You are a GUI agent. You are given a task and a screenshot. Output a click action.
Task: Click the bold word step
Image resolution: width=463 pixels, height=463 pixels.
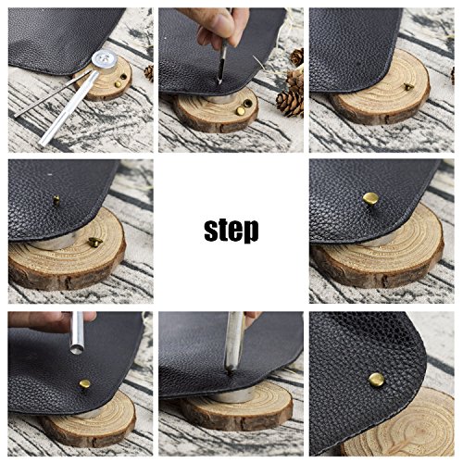pos(231,231)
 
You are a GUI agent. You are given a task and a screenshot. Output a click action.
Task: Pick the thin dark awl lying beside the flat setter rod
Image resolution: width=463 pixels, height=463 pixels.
pos(53,94)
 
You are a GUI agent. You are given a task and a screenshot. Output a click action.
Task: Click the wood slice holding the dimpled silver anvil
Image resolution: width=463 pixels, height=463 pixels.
pos(104,81)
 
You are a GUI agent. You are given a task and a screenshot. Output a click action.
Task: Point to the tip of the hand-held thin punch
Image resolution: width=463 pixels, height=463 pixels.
pos(220,82)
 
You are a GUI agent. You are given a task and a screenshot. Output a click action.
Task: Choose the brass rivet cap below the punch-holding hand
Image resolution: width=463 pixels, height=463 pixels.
pos(241,110)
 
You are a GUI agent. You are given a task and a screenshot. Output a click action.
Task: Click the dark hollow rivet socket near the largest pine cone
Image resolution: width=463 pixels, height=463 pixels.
pos(247,103)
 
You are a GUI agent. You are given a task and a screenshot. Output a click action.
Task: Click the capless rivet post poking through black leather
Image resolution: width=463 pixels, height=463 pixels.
pos(56,200)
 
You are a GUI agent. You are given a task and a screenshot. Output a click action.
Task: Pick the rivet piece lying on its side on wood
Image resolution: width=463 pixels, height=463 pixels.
pos(95,242)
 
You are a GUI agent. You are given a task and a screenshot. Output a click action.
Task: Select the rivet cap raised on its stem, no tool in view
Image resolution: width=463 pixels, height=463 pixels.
pos(370,199)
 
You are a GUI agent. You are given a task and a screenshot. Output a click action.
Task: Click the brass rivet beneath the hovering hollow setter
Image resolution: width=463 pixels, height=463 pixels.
pos(84,384)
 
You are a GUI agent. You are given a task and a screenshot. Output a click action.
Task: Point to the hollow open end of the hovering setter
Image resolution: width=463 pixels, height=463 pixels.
pos(77,350)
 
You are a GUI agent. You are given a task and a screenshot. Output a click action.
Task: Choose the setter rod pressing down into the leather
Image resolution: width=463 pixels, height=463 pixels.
pos(234,343)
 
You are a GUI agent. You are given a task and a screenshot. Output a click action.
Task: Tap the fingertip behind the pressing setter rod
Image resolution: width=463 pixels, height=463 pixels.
pos(253,316)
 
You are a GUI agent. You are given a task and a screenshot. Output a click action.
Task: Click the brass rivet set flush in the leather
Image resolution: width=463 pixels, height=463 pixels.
pos(377,380)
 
